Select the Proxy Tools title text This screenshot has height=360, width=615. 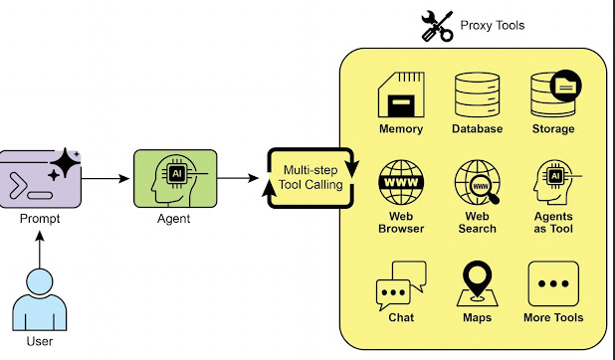[x=492, y=25]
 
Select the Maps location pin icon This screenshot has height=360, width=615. [x=477, y=284]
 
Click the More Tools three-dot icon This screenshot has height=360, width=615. [x=553, y=284]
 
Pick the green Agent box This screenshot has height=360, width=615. [x=175, y=178]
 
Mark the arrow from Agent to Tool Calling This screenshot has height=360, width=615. [x=242, y=179]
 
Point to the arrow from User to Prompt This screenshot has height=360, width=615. [x=40, y=251]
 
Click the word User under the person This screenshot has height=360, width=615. [x=40, y=342]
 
